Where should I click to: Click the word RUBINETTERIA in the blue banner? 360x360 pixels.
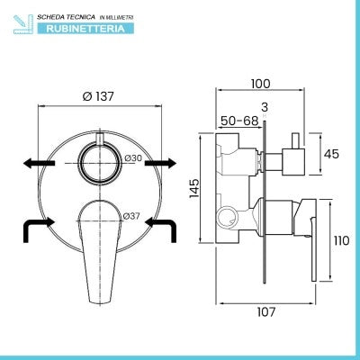(85, 29)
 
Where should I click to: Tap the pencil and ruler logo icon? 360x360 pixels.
(23, 24)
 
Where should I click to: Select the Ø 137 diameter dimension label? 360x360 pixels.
(98, 96)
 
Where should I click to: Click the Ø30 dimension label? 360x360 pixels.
(133, 157)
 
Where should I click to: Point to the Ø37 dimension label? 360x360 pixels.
(131, 215)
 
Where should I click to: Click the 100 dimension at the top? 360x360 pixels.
(261, 84)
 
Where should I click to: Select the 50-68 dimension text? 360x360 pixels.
(239, 121)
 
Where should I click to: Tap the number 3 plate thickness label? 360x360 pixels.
(265, 107)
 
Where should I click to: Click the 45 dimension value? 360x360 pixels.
(331, 154)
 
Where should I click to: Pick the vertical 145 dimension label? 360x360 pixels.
(194, 188)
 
